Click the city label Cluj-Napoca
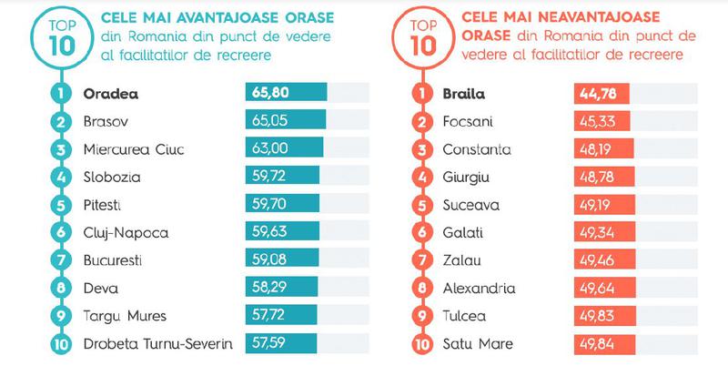(x=126, y=233)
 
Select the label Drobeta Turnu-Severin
(x=157, y=344)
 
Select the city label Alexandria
(x=478, y=289)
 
